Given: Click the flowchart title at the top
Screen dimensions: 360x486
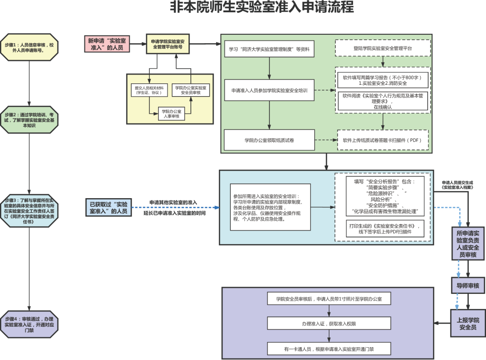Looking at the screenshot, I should (x=262, y=8).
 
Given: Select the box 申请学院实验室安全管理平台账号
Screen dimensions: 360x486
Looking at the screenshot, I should (x=167, y=44).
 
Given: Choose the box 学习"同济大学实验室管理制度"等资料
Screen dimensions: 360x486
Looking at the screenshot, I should (x=269, y=50).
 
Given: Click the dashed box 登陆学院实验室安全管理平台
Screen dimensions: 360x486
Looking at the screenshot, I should (x=382, y=48).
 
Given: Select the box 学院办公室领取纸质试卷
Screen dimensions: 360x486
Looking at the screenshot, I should (x=269, y=140).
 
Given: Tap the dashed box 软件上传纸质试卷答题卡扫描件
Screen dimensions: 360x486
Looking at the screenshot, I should (x=382, y=140).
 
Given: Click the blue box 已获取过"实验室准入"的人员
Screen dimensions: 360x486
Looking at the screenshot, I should (x=108, y=207).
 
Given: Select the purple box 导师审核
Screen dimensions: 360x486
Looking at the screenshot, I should (x=468, y=285).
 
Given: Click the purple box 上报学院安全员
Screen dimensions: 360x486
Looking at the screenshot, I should (x=467, y=323).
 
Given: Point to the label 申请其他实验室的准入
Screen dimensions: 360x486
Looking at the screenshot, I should (x=173, y=202).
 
